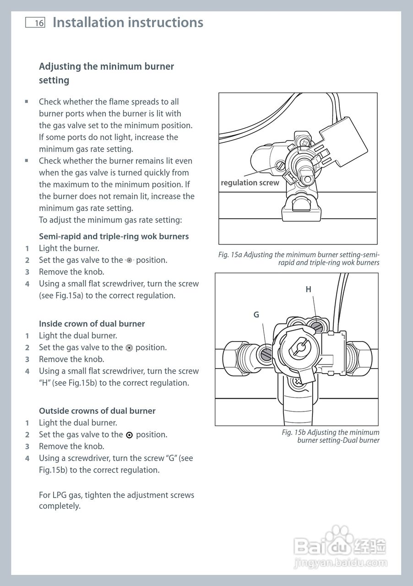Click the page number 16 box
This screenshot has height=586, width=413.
click(35, 22)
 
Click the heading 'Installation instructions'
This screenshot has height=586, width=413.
click(128, 22)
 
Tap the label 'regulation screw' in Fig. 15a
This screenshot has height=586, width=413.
click(250, 183)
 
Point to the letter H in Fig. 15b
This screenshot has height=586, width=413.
click(308, 289)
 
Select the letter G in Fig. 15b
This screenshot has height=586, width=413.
click(256, 315)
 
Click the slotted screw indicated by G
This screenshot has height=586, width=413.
click(266, 354)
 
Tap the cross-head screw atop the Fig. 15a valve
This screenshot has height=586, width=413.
click(304, 143)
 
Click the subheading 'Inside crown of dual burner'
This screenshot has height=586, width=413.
click(92, 324)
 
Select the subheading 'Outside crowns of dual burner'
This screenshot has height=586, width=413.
click(97, 411)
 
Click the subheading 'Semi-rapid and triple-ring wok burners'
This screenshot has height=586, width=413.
click(114, 237)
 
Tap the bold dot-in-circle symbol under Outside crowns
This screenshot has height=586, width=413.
click(129, 435)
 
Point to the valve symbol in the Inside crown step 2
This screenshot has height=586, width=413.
click(129, 348)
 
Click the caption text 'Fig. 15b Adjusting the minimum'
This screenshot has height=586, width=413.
click(331, 432)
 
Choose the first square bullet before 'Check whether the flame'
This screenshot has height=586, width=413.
click(27, 102)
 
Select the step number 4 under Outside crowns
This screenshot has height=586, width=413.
click(27, 458)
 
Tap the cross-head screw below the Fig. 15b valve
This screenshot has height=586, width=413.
click(298, 382)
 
